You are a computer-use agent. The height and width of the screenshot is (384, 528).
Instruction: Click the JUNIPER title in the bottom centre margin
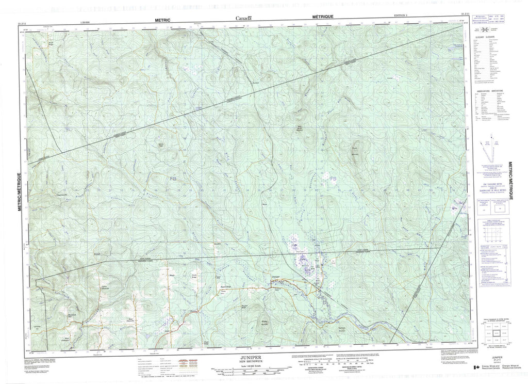[249, 356]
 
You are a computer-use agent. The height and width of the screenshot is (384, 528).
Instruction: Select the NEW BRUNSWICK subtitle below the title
[249, 360]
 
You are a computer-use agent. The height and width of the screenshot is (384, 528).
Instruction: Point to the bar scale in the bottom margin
[249, 371]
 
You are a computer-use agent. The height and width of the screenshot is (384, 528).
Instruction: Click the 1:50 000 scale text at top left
[87, 23]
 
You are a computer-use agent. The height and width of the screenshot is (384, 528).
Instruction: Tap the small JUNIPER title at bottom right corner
[496, 356]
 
